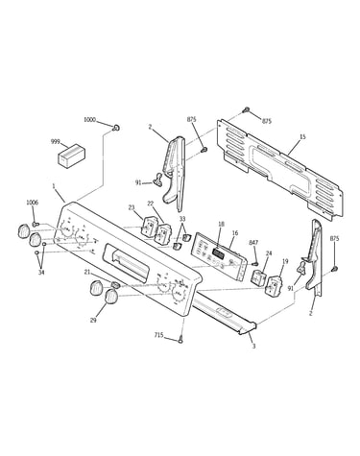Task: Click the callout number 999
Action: point(56,141)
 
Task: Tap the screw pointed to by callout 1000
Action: point(116,128)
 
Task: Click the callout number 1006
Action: point(32,203)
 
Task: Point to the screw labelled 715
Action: point(181,339)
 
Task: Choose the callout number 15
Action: point(302,137)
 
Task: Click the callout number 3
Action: point(253,346)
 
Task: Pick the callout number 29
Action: point(93,320)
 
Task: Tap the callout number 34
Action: point(41,273)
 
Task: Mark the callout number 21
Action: point(87,272)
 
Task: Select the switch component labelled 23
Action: point(149,227)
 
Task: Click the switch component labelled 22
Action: point(162,235)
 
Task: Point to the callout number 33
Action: point(182,219)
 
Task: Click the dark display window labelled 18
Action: point(219,253)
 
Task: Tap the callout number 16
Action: point(235,233)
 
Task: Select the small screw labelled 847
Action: point(255,264)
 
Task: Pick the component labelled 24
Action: point(259,277)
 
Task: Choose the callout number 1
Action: point(54,185)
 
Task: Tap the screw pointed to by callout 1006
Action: point(36,225)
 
